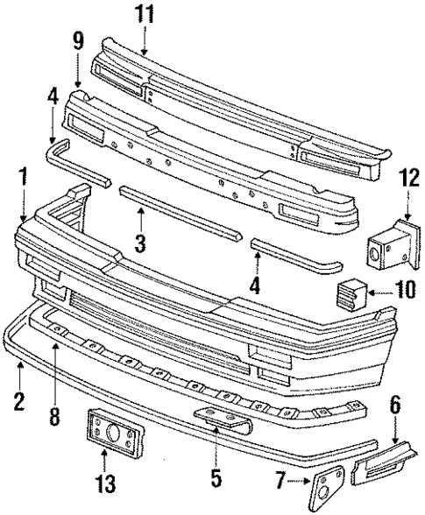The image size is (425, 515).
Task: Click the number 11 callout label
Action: [x=143, y=16]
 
